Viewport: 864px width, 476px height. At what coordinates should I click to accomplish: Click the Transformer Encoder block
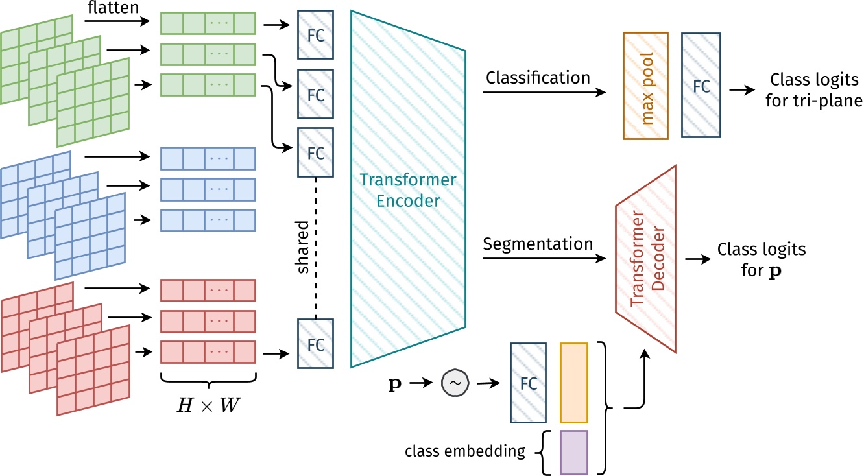(x=408, y=188)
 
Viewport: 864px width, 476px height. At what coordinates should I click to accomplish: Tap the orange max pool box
(x=645, y=85)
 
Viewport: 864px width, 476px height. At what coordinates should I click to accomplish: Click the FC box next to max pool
(x=701, y=85)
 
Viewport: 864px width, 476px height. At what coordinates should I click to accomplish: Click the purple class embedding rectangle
(x=574, y=451)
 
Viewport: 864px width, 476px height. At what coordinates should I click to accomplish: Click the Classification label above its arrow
(x=538, y=78)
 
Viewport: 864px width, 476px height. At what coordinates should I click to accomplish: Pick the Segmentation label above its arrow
(x=538, y=244)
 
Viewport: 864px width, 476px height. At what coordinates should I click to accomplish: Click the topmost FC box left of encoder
(x=315, y=34)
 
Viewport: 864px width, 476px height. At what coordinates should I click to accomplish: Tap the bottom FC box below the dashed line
(x=315, y=344)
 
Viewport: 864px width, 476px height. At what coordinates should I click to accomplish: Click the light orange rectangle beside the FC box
(x=574, y=383)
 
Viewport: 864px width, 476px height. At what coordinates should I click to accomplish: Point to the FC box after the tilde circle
(x=529, y=383)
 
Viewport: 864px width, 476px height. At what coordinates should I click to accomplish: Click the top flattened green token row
(x=208, y=24)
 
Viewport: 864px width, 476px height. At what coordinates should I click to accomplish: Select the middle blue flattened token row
(x=208, y=189)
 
